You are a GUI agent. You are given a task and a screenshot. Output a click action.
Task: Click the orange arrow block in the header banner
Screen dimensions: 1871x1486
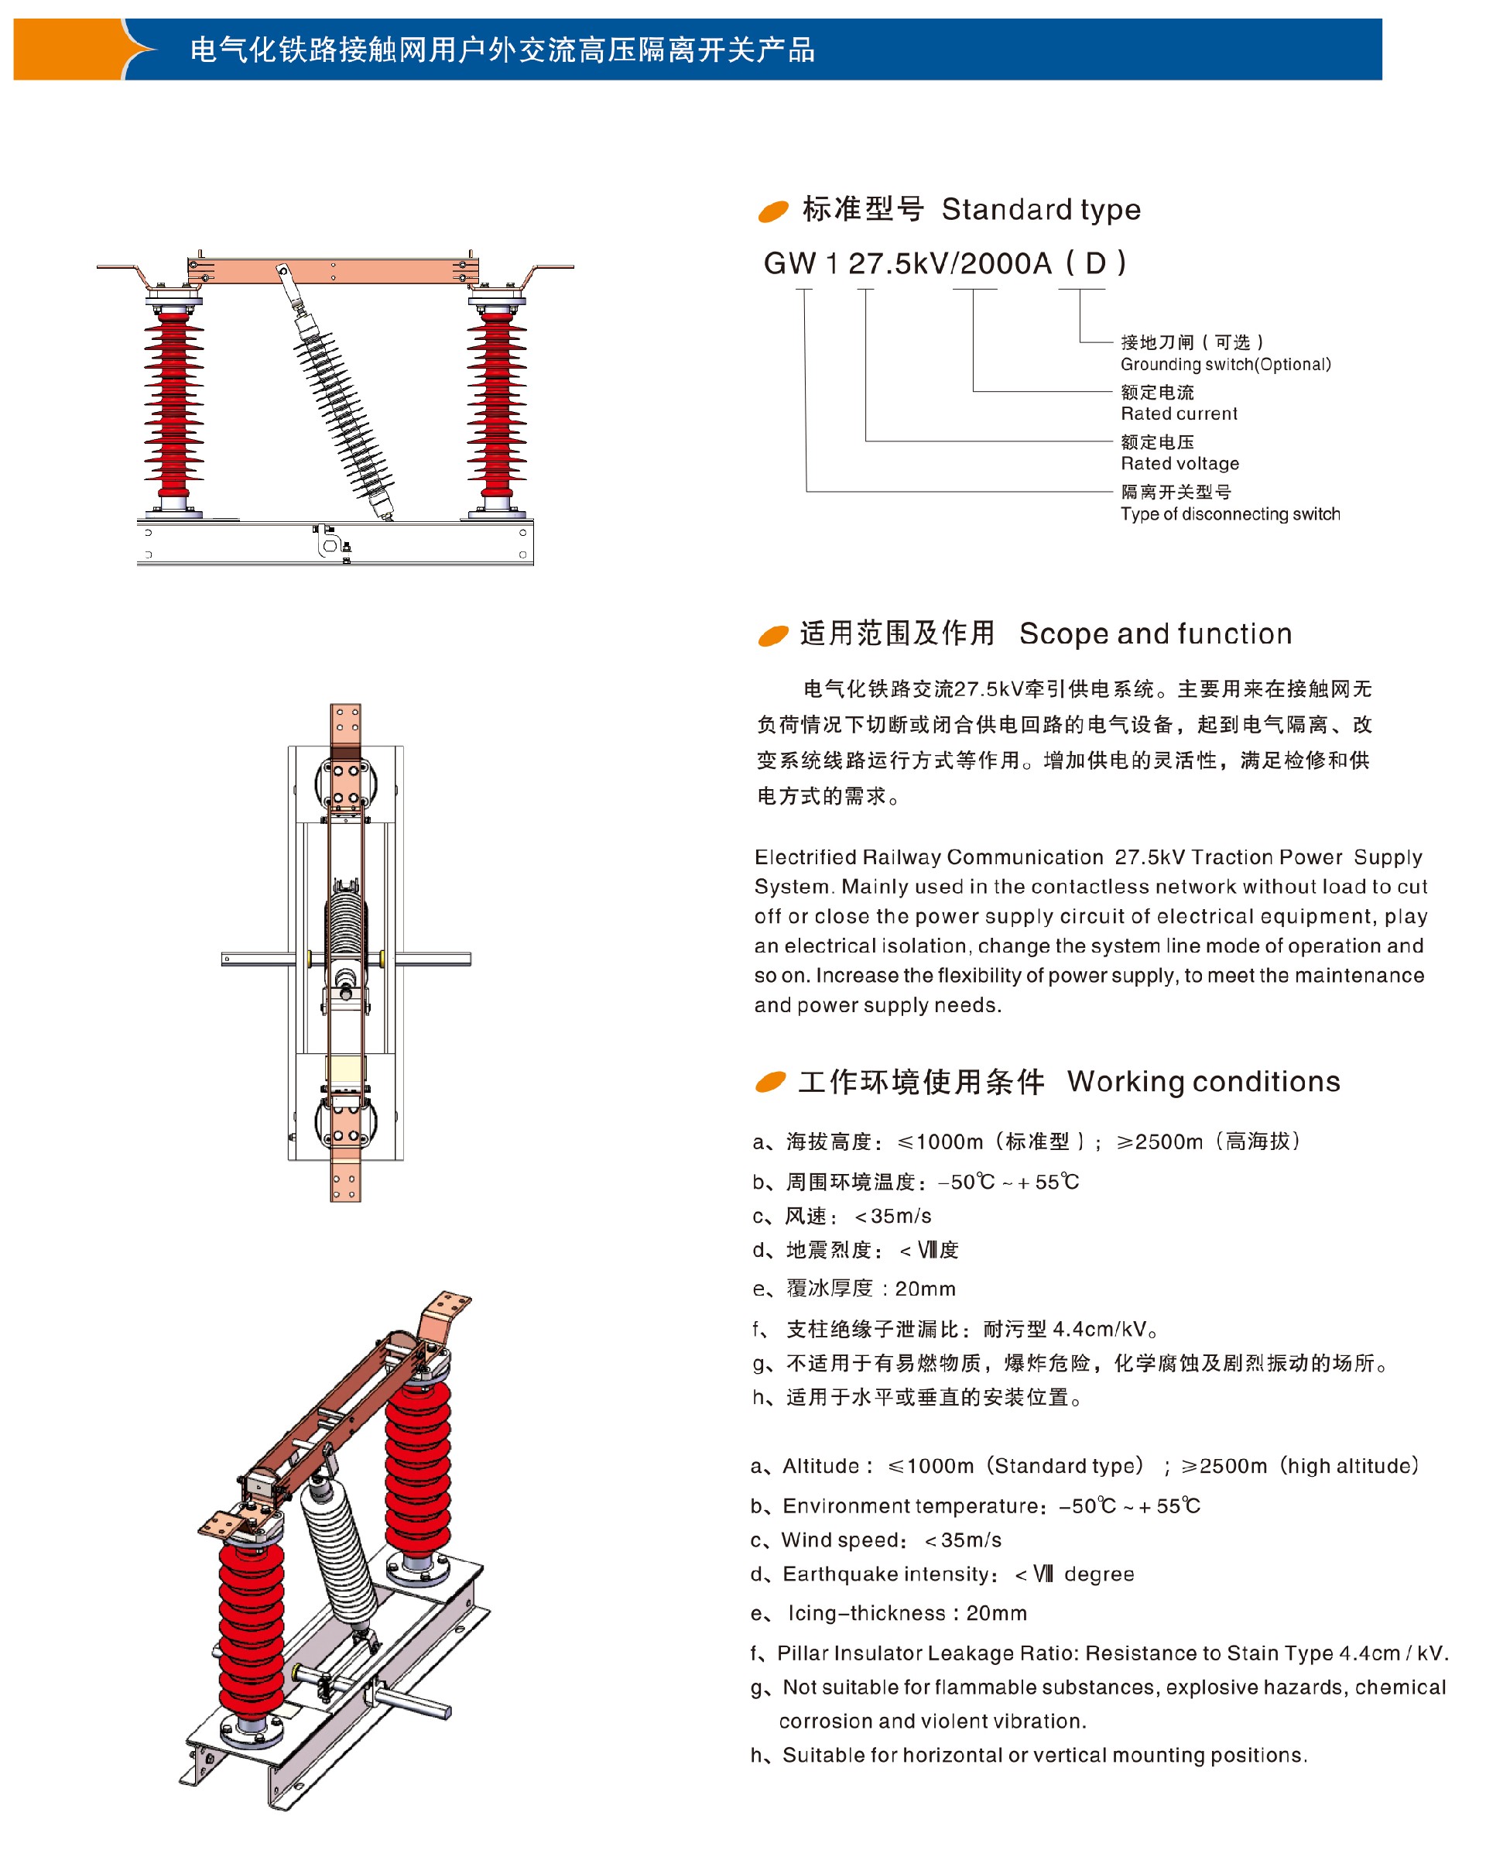[70, 50]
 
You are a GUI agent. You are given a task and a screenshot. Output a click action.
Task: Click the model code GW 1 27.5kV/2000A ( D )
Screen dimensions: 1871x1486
[943, 263]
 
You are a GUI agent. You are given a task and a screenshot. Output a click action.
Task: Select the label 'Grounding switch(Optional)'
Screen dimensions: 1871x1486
[1224, 365]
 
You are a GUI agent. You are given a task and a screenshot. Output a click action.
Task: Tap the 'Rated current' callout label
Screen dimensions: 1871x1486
[1177, 414]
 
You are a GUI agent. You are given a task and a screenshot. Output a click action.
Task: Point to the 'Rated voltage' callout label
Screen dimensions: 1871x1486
[1178, 463]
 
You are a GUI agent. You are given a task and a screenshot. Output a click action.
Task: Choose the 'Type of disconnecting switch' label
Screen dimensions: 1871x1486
[1228, 513]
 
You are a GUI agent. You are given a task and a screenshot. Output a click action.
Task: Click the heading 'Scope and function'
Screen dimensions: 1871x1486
[1154, 633]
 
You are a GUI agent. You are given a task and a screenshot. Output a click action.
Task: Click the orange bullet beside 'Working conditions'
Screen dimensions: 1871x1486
[769, 1081]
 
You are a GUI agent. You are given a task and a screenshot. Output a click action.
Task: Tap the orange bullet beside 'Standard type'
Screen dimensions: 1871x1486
[772, 211]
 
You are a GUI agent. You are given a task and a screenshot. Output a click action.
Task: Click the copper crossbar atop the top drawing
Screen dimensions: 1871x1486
[333, 271]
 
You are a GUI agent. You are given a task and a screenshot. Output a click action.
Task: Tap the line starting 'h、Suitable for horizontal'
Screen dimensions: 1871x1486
[1028, 1756]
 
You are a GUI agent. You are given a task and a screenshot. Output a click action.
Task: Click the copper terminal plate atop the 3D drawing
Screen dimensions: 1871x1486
[445, 1313]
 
